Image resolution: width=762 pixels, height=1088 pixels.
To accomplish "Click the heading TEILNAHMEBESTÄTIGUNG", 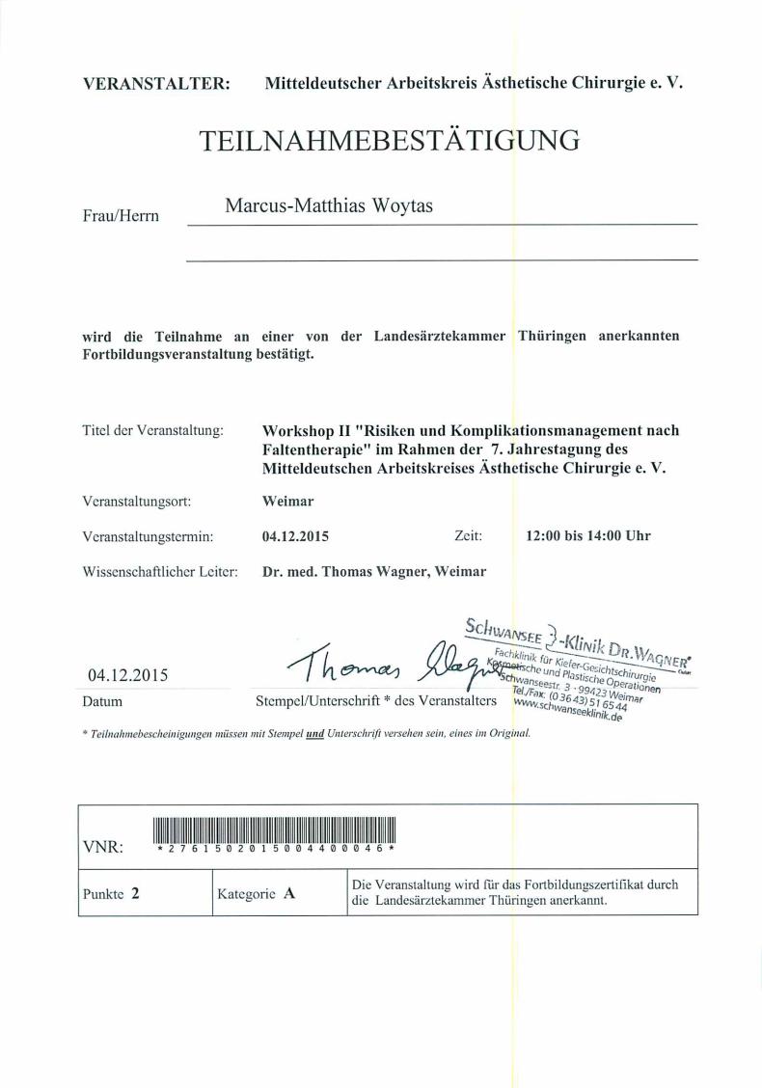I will [x=389, y=141].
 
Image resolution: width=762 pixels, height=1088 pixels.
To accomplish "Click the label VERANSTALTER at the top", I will [x=156, y=84].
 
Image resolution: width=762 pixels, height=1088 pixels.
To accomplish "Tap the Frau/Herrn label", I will [x=121, y=217].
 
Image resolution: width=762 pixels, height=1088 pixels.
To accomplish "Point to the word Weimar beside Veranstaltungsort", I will [x=288, y=503].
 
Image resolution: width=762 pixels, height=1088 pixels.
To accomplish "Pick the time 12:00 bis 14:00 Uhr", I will [x=587, y=536].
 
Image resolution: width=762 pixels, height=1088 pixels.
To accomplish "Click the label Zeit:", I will [x=474, y=536].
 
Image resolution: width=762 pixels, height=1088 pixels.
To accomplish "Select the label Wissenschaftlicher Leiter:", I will [x=160, y=571].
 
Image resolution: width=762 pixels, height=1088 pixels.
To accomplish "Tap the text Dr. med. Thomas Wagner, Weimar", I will [x=374, y=571].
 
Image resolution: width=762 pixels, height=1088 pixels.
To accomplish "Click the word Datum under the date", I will [x=104, y=702].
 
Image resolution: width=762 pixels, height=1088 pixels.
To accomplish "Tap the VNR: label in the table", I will [x=102, y=848].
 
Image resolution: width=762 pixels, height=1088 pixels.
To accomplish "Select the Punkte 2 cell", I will [x=112, y=893].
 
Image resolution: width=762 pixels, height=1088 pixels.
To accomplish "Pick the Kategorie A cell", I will [x=256, y=893].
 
